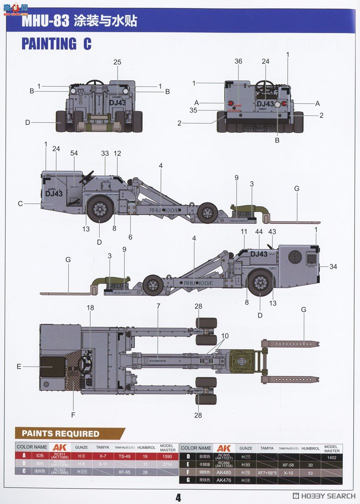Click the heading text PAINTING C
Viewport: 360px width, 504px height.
pos(56,44)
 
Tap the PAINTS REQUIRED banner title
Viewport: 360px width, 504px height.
pos(60,433)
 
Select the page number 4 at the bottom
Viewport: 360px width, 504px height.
pos(178,497)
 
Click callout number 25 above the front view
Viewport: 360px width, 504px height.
pos(117,62)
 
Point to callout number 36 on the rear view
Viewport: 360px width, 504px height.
pos(238,61)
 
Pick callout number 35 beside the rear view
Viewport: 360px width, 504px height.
pos(193,111)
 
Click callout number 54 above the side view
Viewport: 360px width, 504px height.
pos(74,154)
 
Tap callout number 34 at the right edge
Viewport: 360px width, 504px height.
pos(334,267)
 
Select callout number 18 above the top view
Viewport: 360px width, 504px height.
pos(90,308)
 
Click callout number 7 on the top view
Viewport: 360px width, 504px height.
pos(158,306)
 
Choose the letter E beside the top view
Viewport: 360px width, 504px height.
pos(19,367)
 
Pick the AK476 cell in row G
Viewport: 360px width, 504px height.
pos(223,480)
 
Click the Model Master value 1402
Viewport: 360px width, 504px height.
pos(331,457)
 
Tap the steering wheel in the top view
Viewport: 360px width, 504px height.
pos(86,363)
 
